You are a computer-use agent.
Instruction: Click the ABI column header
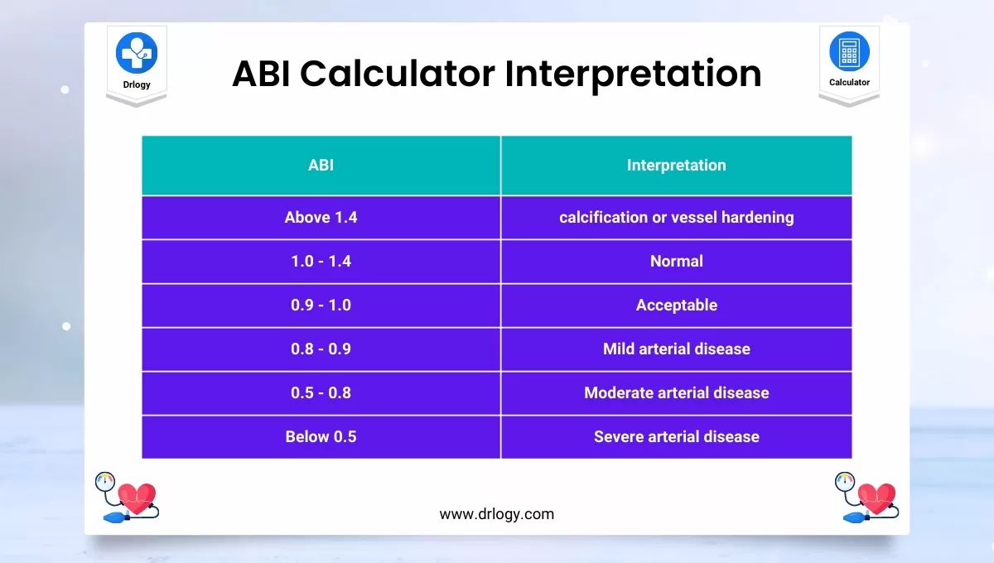pos(321,166)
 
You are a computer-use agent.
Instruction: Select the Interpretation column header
pos(676,166)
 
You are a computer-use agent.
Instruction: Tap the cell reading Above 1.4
pos(321,218)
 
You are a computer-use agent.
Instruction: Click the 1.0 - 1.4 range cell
pos(321,262)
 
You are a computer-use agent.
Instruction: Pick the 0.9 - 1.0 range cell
pos(321,306)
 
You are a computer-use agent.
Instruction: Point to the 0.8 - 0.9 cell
pos(321,349)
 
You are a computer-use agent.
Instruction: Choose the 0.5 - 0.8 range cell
pos(321,393)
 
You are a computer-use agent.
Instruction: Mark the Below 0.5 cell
pos(321,437)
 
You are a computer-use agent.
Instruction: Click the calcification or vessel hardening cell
pos(676,218)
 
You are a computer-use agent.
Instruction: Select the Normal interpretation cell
pos(676,262)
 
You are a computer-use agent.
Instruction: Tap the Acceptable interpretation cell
pos(676,306)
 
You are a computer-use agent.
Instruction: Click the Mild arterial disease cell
pos(676,349)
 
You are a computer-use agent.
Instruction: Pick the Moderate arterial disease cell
pos(676,393)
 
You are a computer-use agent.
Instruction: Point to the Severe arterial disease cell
pos(676,437)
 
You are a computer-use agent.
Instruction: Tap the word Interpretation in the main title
pos(634,74)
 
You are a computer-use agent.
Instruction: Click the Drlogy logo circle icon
pos(137,52)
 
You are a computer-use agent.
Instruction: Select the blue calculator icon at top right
pos(849,51)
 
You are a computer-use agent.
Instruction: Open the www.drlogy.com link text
pos(496,514)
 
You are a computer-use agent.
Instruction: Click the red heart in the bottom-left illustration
pos(137,498)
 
